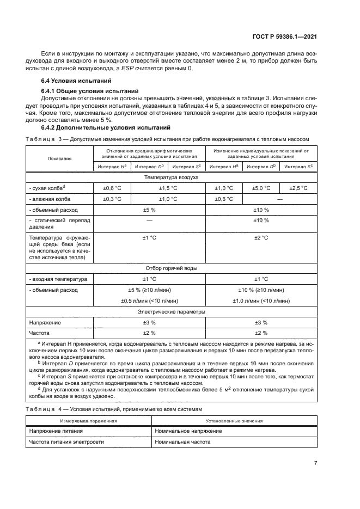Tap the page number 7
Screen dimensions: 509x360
click(315, 463)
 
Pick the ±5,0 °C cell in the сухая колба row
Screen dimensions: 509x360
click(260, 188)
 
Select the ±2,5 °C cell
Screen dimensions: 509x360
click(297, 188)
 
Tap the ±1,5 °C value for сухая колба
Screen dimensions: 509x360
click(168, 188)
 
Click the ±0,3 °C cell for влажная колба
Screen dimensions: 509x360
click(112, 199)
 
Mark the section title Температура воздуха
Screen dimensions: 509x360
click(171, 177)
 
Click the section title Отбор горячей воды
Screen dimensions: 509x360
click(171, 268)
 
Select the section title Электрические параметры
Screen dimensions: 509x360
click(171, 312)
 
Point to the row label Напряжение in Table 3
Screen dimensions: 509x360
click(45, 322)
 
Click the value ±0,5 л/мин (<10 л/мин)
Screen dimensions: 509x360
click(149, 301)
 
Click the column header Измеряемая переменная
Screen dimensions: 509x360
click(89, 421)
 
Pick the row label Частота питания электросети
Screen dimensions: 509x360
click(66, 442)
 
